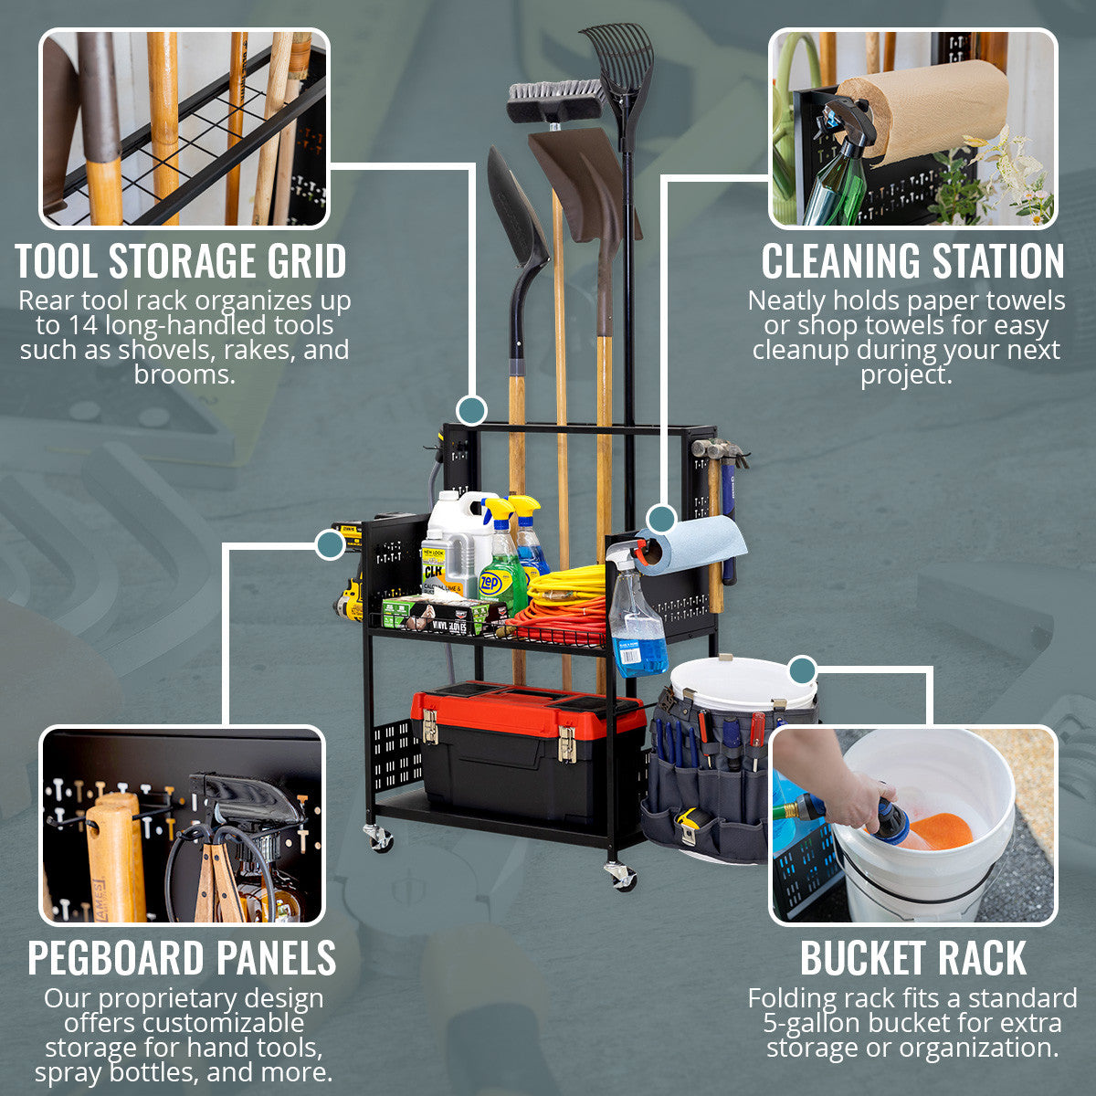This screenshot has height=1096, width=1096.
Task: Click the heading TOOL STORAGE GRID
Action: point(181,261)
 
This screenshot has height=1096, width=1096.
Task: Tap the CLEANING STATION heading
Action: point(912,261)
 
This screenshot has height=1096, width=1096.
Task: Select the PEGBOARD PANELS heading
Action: point(182,957)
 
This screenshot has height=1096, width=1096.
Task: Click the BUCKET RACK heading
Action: point(912,957)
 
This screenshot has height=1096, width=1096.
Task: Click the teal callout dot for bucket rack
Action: point(802,670)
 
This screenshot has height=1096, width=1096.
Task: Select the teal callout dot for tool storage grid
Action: point(471,410)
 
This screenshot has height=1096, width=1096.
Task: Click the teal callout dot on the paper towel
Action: point(663,518)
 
